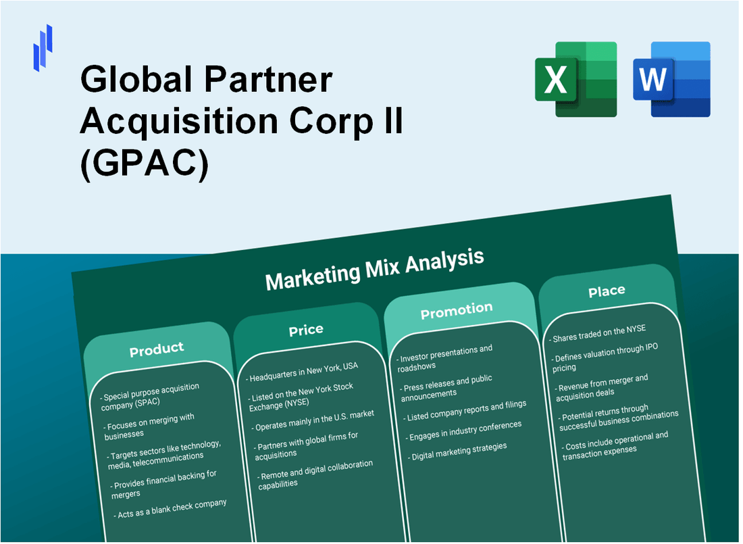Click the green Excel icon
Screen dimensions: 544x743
(x=575, y=79)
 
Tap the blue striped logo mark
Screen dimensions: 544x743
(x=43, y=47)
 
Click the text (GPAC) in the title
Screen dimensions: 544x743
(x=143, y=164)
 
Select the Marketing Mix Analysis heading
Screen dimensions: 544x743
(x=375, y=269)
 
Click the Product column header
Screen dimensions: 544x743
(x=157, y=349)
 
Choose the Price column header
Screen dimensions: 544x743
(x=306, y=330)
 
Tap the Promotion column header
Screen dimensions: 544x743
(x=457, y=311)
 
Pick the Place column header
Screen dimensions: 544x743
(x=607, y=291)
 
